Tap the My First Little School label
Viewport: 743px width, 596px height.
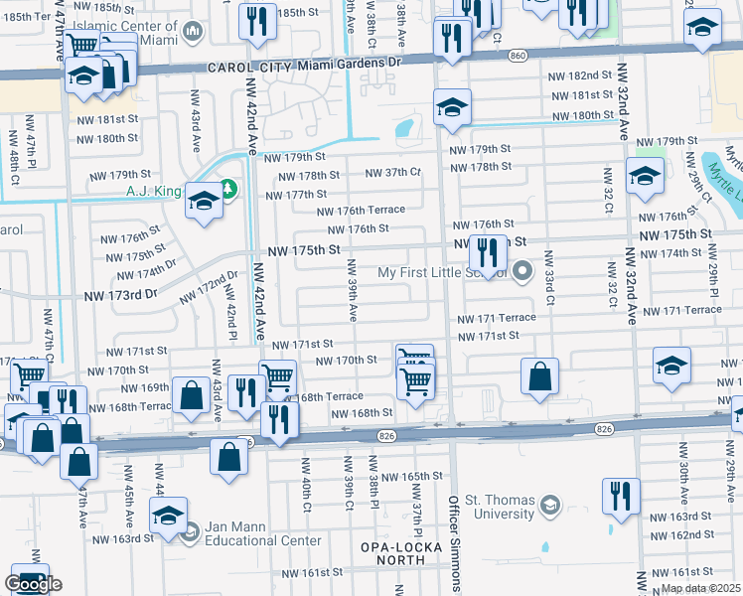point(442,273)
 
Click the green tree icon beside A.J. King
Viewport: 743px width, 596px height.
point(229,188)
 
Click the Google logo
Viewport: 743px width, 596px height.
point(33,584)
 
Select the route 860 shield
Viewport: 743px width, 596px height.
point(517,57)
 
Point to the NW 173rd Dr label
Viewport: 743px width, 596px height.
point(121,296)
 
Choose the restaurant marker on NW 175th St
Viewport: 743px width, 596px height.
point(487,254)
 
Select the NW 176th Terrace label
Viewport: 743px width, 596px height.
point(361,211)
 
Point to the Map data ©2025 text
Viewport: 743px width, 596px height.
point(700,588)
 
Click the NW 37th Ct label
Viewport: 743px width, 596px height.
point(393,173)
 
